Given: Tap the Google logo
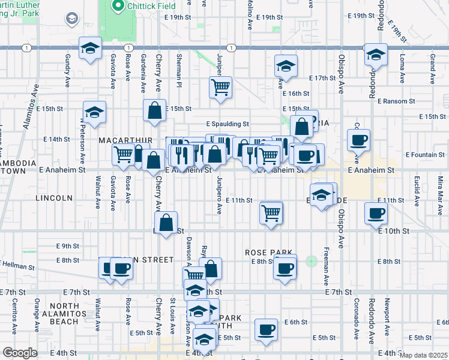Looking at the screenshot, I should click(x=20, y=353).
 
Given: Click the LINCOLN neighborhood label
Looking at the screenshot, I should click(x=54, y=197).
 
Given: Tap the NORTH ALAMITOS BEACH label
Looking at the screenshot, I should click(x=56, y=314).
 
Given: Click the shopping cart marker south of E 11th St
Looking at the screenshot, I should click(x=271, y=212).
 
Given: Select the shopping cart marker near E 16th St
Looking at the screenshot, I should click(x=220, y=87).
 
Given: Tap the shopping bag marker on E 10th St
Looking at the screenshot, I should click(x=169, y=221).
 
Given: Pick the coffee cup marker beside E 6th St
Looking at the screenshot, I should click(x=266, y=329).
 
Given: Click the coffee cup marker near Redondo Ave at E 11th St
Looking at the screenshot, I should click(x=376, y=212).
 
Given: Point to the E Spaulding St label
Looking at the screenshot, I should click(x=228, y=124).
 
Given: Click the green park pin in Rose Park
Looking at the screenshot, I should click(x=310, y=261).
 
